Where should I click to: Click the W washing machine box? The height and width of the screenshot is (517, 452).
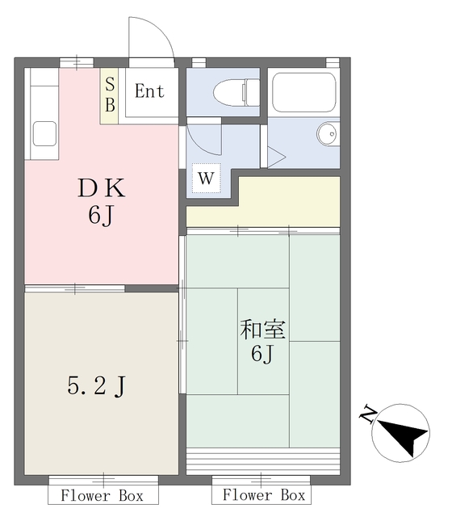tap(206, 179)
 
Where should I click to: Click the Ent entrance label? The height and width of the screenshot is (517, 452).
tap(149, 90)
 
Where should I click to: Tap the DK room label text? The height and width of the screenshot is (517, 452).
tap(101, 189)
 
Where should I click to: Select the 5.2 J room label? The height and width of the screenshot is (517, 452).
tap(94, 388)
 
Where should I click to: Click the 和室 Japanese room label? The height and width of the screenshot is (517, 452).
tap(262, 330)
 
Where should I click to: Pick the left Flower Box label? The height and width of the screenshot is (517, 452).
tap(102, 494)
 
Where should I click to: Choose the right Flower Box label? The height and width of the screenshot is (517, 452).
tap(264, 494)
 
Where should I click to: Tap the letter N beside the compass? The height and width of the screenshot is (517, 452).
tap(367, 416)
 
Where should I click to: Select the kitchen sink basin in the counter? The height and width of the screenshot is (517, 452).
tap(44, 132)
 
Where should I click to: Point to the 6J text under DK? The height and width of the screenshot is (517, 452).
tap(101, 218)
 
